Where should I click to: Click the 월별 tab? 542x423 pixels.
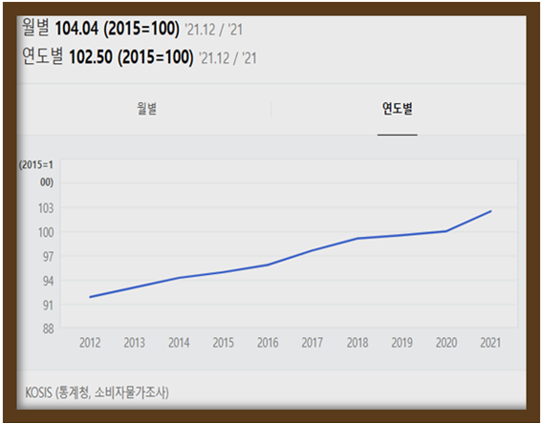coord(146,108)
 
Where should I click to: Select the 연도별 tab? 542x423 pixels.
coord(397,108)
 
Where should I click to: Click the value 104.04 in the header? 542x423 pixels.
coord(82,26)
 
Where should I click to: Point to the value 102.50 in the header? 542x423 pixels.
coord(82,57)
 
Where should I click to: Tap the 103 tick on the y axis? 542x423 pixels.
coord(46,207)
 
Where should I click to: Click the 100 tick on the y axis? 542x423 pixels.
coord(46,232)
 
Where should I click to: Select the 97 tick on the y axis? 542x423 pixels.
coord(48,256)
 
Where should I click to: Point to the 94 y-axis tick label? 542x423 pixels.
coord(48,281)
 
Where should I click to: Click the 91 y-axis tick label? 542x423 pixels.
coord(48,305)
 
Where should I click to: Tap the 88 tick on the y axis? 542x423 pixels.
coord(48,328)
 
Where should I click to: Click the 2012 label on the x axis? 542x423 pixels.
coord(90,343)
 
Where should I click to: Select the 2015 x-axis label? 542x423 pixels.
coord(224,343)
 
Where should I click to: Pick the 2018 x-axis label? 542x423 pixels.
coord(357,343)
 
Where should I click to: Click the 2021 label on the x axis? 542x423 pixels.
coord(490,343)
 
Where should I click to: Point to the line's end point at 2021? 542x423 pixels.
coord(490,211)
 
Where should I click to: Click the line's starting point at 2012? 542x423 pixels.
coord(90,297)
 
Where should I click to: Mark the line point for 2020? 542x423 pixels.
coord(446,231)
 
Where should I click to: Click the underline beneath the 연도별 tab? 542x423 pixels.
coord(397,135)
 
